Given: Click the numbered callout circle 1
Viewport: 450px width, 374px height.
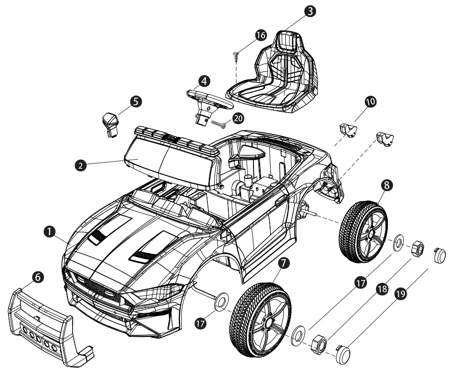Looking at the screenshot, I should coord(47,230).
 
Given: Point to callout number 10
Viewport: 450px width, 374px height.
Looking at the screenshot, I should coord(370,102).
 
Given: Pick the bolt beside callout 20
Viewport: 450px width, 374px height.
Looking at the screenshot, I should coord(218,125).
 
